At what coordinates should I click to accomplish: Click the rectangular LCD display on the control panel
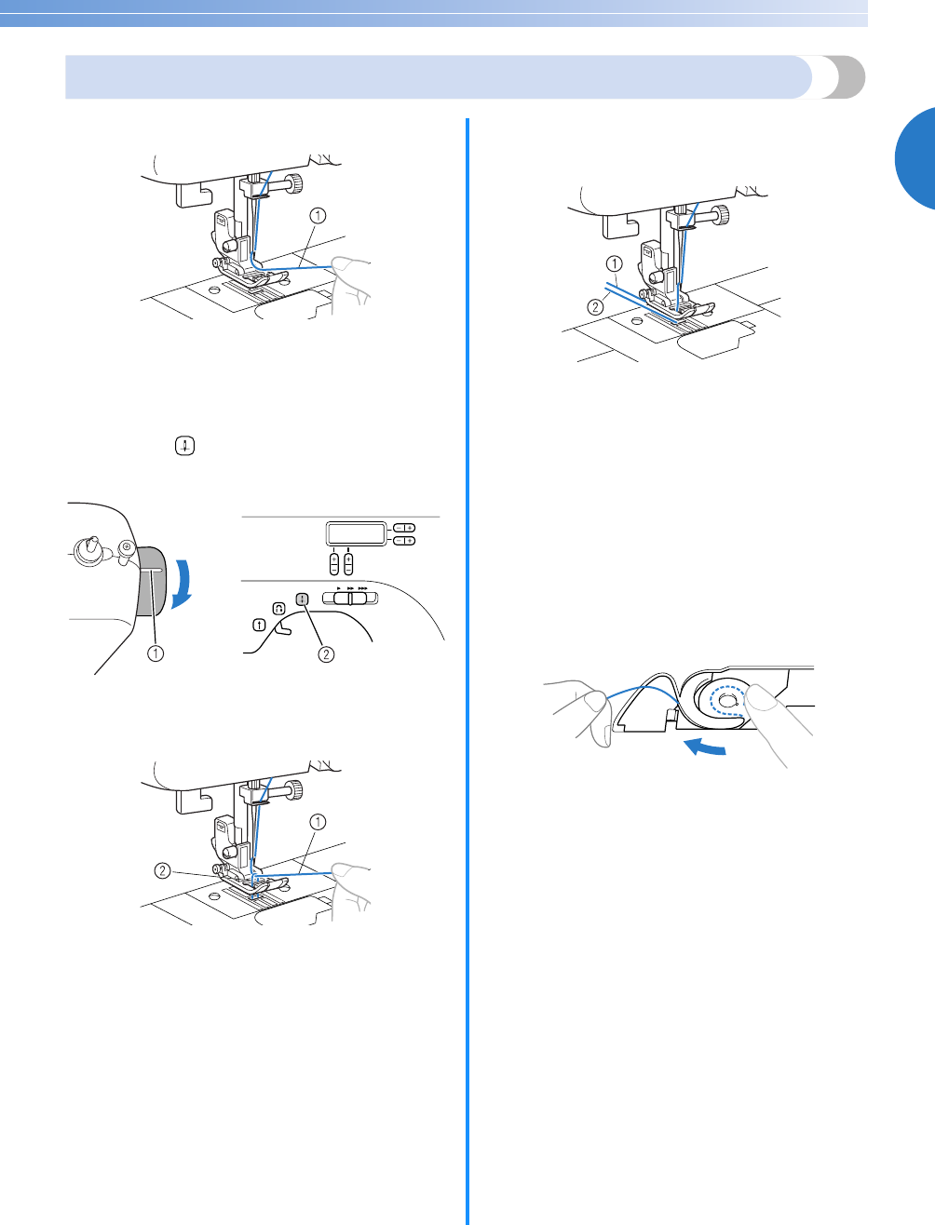(x=356, y=533)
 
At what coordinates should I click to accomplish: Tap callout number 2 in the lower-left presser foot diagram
(x=161, y=871)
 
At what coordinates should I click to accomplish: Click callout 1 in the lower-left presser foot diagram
(x=318, y=822)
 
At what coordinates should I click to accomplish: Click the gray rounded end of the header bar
(x=847, y=77)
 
